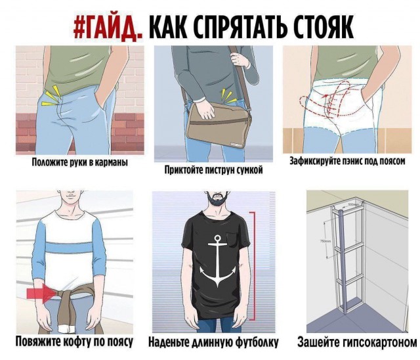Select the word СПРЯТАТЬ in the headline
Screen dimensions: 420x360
[228, 27]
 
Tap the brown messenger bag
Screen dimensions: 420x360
[219, 125]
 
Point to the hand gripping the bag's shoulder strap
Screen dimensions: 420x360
[240, 58]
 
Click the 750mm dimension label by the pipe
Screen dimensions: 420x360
[322, 241]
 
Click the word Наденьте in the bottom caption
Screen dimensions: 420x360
[168, 342]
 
